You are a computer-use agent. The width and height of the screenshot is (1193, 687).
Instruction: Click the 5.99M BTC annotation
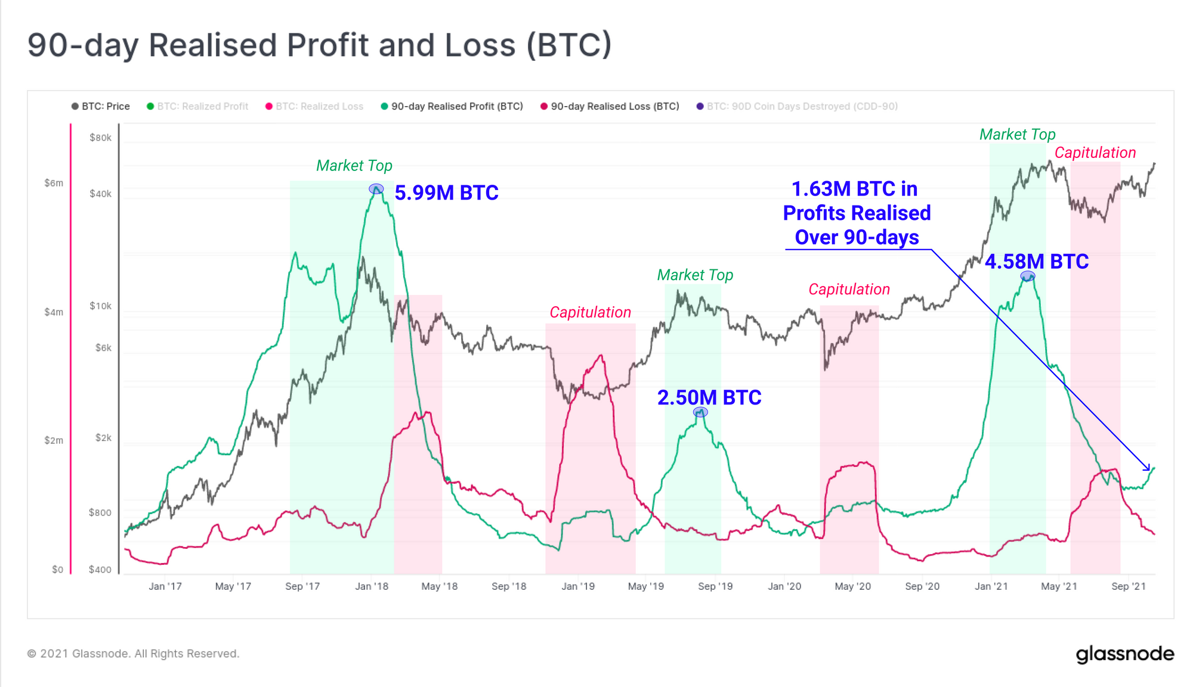pyautogui.click(x=446, y=193)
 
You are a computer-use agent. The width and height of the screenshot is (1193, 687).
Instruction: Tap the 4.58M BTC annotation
pyautogui.click(x=1037, y=262)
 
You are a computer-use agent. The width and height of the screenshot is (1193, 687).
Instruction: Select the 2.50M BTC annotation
pyautogui.click(x=709, y=398)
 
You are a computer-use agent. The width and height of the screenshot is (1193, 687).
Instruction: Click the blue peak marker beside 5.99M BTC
pyautogui.click(x=376, y=189)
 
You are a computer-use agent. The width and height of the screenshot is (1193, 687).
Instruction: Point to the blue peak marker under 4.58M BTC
pyautogui.click(x=1028, y=276)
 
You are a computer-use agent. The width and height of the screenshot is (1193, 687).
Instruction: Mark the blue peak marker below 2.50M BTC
pyautogui.click(x=700, y=412)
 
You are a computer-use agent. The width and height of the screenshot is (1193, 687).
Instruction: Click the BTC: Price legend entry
pyautogui.click(x=101, y=107)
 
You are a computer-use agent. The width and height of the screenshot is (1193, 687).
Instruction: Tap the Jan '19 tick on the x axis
pyautogui.click(x=578, y=586)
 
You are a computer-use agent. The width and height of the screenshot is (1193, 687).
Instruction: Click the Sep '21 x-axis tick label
pyautogui.click(x=1129, y=586)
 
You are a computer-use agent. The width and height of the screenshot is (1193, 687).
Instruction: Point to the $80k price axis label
pyautogui.click(x=100, y=138)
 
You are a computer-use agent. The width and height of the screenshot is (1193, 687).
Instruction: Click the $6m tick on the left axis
pyautogui.click(x=54, y=183)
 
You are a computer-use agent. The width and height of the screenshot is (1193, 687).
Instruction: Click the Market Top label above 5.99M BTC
pyautogui.click(x=354, y=166)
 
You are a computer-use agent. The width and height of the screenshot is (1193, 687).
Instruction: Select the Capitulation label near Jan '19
pyautogui.click(x=590, y=312)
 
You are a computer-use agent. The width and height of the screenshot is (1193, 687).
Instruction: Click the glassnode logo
pyautogui.click(x=1125, y=654)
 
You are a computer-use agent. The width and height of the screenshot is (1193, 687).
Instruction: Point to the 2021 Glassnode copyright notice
pyautogui.click(x=133, y=654)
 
